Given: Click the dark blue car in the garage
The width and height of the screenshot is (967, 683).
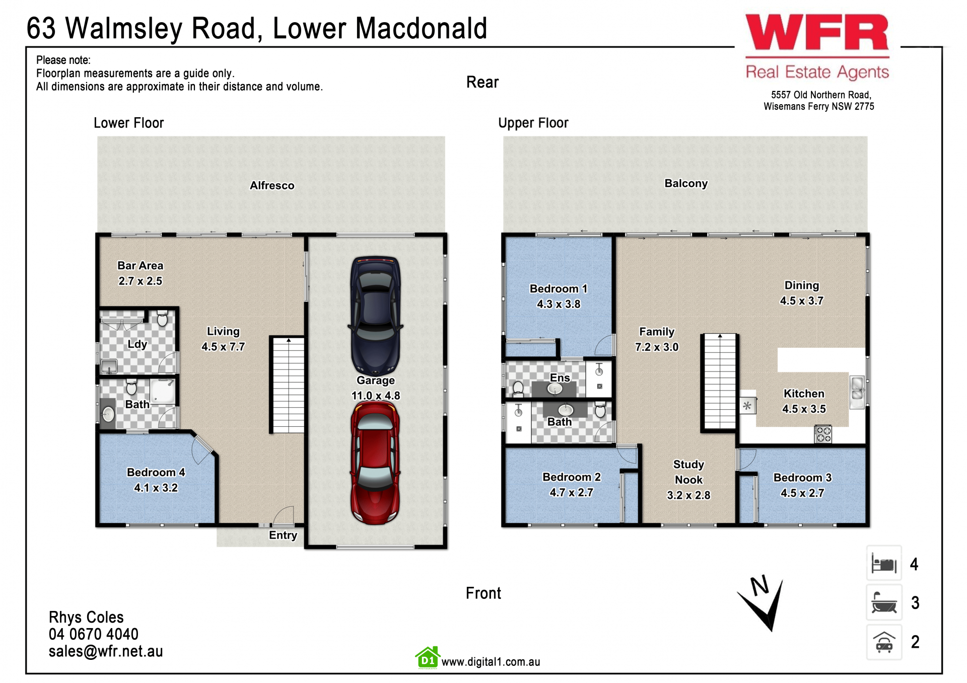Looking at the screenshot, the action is (375, 315).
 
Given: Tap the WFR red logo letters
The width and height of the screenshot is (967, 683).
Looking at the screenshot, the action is (817, 32).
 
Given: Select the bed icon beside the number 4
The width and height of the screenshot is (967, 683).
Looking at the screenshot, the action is (884, 564).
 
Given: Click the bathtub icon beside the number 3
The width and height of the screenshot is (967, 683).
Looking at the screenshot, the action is (884, 602).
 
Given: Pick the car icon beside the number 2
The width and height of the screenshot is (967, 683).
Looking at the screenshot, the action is (884, 642).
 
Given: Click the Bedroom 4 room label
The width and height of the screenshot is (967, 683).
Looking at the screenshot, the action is (156, 473).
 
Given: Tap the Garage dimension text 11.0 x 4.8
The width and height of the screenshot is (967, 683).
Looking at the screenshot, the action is (376, 396).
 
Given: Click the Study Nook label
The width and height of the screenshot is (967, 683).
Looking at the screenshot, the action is (688, 472).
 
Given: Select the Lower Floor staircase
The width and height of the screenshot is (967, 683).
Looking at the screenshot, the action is (288, 385).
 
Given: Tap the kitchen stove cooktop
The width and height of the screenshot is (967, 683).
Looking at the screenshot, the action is (823, 434).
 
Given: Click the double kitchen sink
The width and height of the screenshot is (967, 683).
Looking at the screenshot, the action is (857, 392).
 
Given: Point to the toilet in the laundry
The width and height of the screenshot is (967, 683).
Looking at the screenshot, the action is (162, 318).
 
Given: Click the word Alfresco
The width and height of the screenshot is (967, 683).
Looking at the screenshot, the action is (272, 185).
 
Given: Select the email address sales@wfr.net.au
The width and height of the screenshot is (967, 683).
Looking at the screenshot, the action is (106, 651).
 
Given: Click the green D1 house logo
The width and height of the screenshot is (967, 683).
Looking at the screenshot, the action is (428, 658).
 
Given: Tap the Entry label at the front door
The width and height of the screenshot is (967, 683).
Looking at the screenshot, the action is (283, 535).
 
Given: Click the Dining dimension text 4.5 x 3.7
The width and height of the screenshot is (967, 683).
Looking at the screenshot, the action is (802, 301).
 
